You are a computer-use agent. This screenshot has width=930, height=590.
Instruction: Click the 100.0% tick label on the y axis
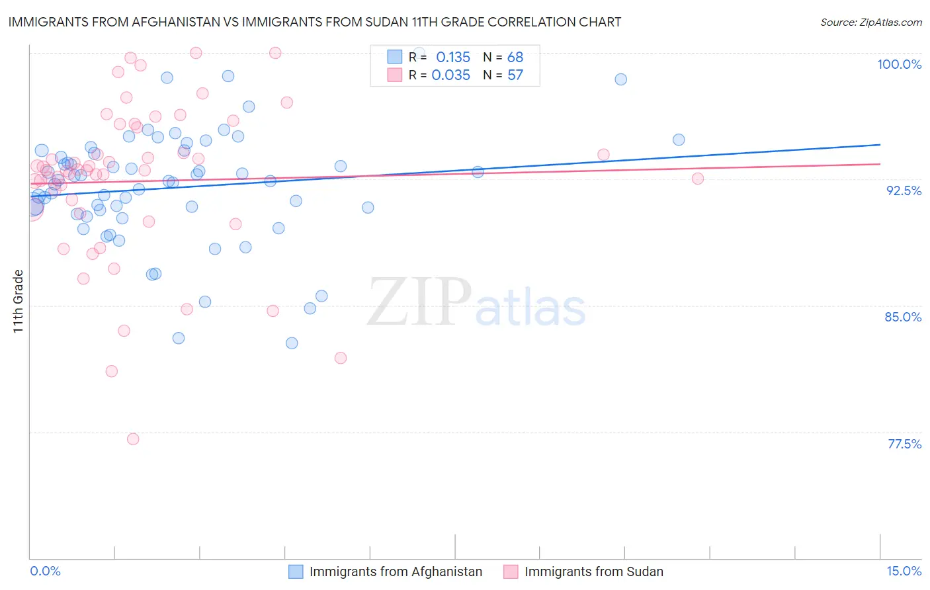(899, 64)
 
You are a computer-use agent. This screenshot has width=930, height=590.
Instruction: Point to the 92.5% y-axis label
(904, 190)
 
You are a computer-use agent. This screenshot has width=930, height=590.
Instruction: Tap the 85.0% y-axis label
(903, 317)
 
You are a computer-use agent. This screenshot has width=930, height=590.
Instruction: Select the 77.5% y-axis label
(904, 444)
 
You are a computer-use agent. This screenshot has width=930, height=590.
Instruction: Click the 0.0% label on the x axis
(45, 571)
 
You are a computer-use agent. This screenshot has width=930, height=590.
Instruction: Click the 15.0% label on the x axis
(904, 571)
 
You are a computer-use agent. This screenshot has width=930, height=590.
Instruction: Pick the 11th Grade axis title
(18, 301)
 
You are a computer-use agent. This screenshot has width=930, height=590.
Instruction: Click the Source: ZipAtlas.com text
(870, 22)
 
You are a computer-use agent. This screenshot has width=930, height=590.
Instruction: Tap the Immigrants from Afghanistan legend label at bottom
(396, 571)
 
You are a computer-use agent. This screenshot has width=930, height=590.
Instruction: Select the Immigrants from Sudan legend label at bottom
(593, 571)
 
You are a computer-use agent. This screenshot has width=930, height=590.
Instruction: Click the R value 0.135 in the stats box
(452, 58)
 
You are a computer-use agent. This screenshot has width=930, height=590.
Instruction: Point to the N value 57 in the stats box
(515, 75)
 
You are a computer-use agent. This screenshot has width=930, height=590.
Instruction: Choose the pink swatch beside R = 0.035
(394, 75)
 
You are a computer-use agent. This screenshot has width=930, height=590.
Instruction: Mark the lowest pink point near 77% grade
(133, 439)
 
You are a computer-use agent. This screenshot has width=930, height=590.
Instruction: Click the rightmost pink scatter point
(697, 179)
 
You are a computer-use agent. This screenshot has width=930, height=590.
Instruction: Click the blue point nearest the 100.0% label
(620, 79)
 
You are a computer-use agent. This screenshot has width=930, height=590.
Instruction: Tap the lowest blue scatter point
(292, 343)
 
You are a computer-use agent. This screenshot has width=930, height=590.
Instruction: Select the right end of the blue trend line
(880, 144)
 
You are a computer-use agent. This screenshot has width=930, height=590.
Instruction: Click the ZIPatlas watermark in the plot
(476, 304)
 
